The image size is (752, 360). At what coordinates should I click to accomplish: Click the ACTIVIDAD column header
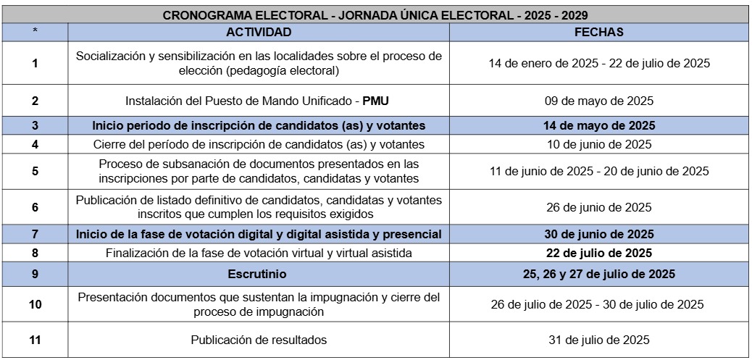point(259,32)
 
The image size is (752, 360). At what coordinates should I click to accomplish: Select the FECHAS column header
point(598,32)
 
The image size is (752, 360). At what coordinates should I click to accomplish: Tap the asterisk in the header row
point(35,32)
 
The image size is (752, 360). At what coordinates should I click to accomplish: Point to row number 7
point(35,234)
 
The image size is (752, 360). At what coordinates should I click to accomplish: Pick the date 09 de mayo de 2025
point(598,101)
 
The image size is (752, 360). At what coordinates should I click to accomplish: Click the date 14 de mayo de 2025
point(598,125)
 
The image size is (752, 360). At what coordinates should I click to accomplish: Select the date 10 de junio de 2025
point(598,144)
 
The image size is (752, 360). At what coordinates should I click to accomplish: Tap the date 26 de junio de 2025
point(598,207)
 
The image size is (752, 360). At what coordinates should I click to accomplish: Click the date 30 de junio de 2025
point(598,234)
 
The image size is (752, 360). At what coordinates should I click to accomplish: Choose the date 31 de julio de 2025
point(598,340)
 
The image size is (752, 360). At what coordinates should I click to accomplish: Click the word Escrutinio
point(259,274)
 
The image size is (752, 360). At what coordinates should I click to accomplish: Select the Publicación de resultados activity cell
point(259,340)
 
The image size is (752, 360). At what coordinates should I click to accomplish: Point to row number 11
point(35,340)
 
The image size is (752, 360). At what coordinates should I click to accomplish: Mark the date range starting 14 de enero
point(598,63)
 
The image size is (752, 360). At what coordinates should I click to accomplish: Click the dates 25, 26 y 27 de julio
point(598,274)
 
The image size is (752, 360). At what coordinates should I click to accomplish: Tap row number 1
point(35,63)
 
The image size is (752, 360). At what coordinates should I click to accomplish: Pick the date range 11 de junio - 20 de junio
point(598,172)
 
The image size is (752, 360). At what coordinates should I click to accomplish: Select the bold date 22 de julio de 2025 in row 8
point(598,253)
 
